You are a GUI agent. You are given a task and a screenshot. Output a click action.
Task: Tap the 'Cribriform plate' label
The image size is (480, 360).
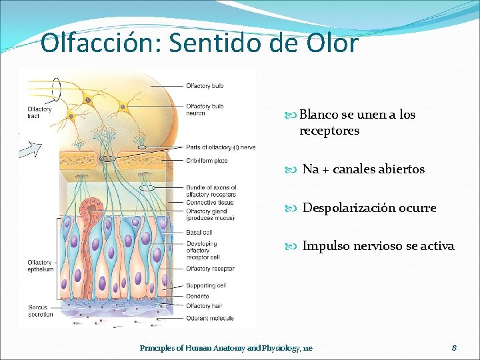tap(207, 161)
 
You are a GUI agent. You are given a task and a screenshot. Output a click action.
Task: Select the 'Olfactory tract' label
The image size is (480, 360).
tap(39, 113)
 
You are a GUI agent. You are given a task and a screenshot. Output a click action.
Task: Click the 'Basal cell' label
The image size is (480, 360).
tap(199, 232)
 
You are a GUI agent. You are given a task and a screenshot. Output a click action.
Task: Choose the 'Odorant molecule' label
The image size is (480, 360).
tap(210, 318)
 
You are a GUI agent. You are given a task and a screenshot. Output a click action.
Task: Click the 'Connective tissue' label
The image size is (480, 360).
tap(210, 203)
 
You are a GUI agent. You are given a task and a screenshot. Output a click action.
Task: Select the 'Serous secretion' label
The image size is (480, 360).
tap(40, 311)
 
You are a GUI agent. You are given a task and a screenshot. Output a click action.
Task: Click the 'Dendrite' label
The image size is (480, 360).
tap(198, 295)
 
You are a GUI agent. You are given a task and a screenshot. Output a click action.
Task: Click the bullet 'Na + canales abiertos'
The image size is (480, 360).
tap(363, 169)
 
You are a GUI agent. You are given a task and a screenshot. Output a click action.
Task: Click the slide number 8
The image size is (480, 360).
tap(454, 348)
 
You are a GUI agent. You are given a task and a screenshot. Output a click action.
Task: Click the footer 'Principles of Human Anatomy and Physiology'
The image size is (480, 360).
tap(225, 348)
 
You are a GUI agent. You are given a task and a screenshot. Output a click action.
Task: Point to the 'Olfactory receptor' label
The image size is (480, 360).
tap(210, 269)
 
